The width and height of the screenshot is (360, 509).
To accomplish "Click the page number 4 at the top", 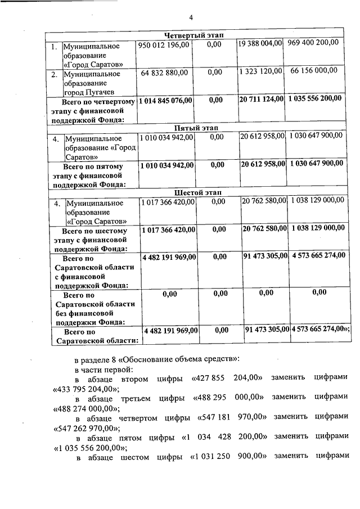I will [x=190, y=17].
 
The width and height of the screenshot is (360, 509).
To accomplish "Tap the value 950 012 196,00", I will [x=163, y=44].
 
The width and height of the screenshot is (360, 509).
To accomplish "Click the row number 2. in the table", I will [x=55, y=74].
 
